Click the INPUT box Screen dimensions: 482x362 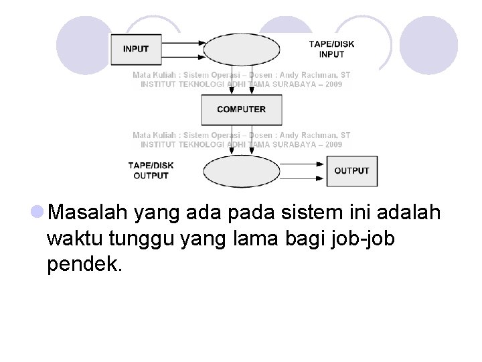pos(136,49)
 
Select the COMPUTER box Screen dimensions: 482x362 pos(242,109)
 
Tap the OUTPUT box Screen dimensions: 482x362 pos(351,171)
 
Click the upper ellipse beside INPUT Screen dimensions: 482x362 pos(242,49)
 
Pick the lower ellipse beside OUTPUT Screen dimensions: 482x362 pos(242,171)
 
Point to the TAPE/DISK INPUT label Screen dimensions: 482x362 pos(331,49)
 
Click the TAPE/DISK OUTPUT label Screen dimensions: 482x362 pos(151,171)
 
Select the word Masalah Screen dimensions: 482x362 pos(88,213)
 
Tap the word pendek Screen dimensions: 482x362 pos(84,264)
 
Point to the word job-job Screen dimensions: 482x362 pos(361,239)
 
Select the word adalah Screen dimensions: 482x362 pos(409,213)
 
